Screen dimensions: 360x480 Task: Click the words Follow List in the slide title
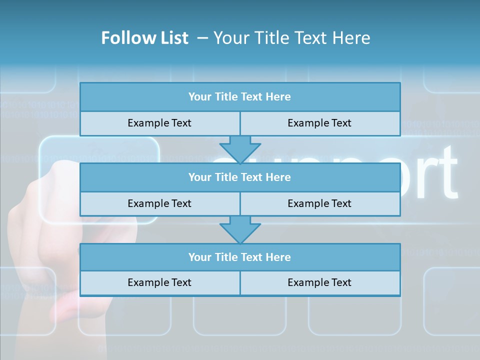(x=145, y=38)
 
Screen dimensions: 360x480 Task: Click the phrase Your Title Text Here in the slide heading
(x=292, y=38)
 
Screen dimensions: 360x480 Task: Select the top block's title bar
(x=240, y=97)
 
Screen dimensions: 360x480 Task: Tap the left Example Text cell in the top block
(x=160, y=123)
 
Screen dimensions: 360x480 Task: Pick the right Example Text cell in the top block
(x=320, y=123)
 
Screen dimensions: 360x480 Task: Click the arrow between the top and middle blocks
(x=240, y=148)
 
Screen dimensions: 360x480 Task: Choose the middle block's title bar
(x=240, y=177)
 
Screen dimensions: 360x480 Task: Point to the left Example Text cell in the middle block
(x=160, y=204)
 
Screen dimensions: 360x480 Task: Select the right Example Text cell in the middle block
(x=320, y=204)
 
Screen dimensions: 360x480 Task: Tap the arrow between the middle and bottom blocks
(x=240, y=229)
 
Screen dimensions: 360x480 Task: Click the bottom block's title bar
(x=240, y=257)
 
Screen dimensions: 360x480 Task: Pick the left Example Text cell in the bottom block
(x=160, y=283)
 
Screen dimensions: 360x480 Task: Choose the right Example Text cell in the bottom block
(x=320, y=283)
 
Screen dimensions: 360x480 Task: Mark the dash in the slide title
(x=202, y=38)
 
